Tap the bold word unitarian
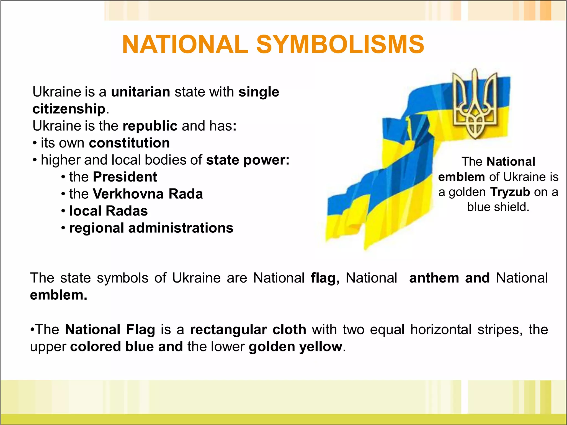[141, 92]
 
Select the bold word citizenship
[69, 109]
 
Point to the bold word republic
[150, 126]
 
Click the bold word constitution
[129, 143]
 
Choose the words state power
[248, 160]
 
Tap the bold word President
[125, 177]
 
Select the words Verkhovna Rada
[148, 194]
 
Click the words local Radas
[109, 211]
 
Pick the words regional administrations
[151, 228]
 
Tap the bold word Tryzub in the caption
[510, 192]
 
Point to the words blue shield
[498, 207]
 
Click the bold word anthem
[434, 278]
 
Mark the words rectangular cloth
[248, 330]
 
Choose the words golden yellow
[295, 347]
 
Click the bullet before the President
[63, 177]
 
